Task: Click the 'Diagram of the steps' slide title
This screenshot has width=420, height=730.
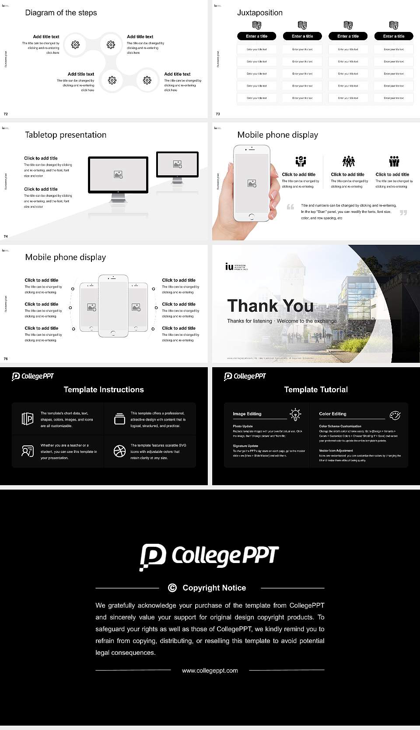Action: [x=61, y=13]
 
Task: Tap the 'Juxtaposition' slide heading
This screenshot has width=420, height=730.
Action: [x=259, y=13]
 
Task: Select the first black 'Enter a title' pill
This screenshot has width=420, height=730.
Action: [x=256, y=36]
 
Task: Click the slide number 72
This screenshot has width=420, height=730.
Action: [x=6, y=114]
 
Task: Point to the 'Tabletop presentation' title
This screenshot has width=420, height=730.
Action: [x=66, y=135]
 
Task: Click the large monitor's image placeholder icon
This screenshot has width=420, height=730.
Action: [x=118, y=174]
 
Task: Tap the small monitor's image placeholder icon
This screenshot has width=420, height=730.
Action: [x=177, y=164]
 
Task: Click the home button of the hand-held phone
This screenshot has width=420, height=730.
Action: [x=251, y=216]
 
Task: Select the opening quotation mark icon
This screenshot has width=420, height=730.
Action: [x=290, y=207]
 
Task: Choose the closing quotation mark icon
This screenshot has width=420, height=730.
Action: [x=403, y=212]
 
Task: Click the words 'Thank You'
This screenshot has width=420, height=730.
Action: [x=270, y=306]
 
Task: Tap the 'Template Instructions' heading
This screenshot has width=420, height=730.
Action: [x=104, y=389]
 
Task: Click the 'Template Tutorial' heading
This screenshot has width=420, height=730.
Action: [x=316, y=389]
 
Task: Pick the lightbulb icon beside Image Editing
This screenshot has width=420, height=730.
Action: [x=296, y=414]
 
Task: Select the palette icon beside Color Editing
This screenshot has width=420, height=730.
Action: [x=395, y=415]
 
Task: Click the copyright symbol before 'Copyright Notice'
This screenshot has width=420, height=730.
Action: [x=172, y=588]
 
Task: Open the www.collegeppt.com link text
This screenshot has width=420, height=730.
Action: [x=210, y=671]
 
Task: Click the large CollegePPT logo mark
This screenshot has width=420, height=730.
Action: [x=153, y=556]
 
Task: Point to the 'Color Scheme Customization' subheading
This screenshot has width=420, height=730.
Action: [x=340, y=426]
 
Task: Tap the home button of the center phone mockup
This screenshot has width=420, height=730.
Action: [x=113, y=333]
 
